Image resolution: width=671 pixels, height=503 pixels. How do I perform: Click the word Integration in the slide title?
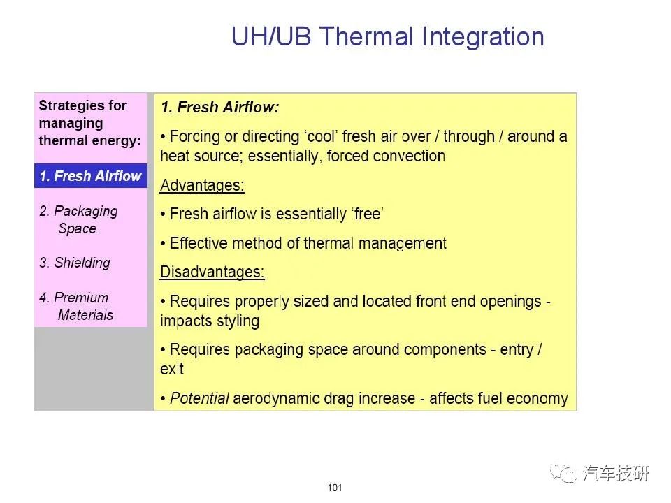pyautogui.click(x=483, y=38)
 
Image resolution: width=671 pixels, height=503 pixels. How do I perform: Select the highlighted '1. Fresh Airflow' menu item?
pyautogui.click(x=90, y=176)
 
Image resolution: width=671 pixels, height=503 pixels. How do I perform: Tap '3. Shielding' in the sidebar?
pyautogui.click(x=75, y=263)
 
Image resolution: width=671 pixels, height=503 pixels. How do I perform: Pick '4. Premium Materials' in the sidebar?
pyautogui.click(x=76, y=306)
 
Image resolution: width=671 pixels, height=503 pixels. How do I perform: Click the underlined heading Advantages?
pyautogui.click(x=202, y=186)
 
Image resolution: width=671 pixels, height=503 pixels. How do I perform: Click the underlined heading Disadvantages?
pyautogui.click(x=212, y=272)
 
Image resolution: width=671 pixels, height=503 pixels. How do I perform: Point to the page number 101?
pyautogui.click(x=335, y=488)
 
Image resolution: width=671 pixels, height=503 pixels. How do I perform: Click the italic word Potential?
pyautogui.click(x=199, y=398)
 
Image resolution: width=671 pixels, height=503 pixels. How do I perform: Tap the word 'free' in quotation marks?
pyautogui.click(x=367, y=214)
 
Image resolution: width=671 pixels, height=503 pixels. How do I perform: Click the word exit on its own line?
pyautogui.click(x=172, y=369)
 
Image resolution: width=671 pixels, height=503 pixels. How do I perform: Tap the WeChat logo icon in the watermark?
pyautogui.click(x=563, y=474)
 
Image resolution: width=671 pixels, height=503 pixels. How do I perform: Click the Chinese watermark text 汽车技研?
pyautogui.click(x=616, y=474)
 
